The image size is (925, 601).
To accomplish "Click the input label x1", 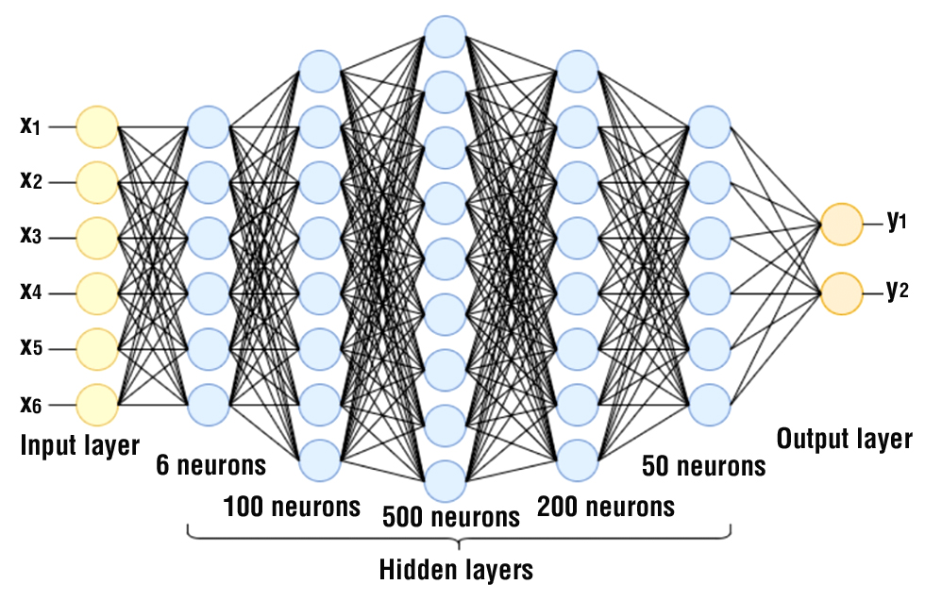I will click(x=31, y=125).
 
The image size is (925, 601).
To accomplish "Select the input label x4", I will click(x=31, y=292).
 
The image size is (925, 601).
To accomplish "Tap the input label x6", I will click(x=31, y=405).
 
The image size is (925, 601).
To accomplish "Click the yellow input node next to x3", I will click(x=97, y=238).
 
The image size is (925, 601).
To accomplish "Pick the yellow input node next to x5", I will click(x=97, y=349).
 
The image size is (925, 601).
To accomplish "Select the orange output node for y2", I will click(x=841, y=293).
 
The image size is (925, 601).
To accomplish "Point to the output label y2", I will click(x=898, y=292).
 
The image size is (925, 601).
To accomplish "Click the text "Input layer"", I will click(x=80, y=445).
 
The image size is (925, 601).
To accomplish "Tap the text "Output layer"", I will click(x=845, y=439).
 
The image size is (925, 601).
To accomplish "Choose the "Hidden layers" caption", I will click(x=456, y=571).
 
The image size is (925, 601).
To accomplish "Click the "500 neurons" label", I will click(x=451, y=516).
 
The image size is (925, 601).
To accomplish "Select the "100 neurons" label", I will click(x=292, y=507).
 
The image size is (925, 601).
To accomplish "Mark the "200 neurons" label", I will click(x=606, y=507).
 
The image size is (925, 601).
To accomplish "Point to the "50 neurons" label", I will click(x=703, y=466).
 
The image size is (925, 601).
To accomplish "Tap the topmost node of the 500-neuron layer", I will click(x=445, y=37).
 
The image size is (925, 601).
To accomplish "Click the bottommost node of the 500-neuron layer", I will click(x=445, y=481).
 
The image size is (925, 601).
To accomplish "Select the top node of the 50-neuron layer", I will click(x=710, y=126).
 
